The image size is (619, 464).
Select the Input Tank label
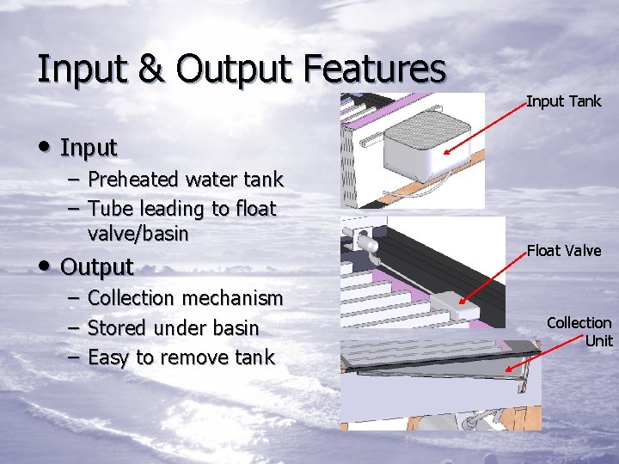pyautogui.click(x=563, y=101)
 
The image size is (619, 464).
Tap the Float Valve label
pyautogui.click(x=563, y=250)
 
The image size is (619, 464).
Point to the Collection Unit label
pyautogui.click(x=579, y=331)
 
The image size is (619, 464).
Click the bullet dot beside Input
pyautogui.click(x=44, y=148)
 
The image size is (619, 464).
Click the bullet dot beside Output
pyautogui.click(x=44, y=266)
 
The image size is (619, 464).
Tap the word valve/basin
pyautogui.click(x=138, y=233)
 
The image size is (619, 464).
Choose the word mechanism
pyautogui.click(x=230, y=298)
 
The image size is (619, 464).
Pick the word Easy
pyautogui.click(x=110, y=357)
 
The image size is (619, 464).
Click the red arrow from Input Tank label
pyautogui.click(x=486, y=127)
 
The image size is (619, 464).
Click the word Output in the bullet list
pyautogui.click(x=97, y=266)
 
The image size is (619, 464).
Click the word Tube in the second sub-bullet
pyautogui.click(x=110, y=208)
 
